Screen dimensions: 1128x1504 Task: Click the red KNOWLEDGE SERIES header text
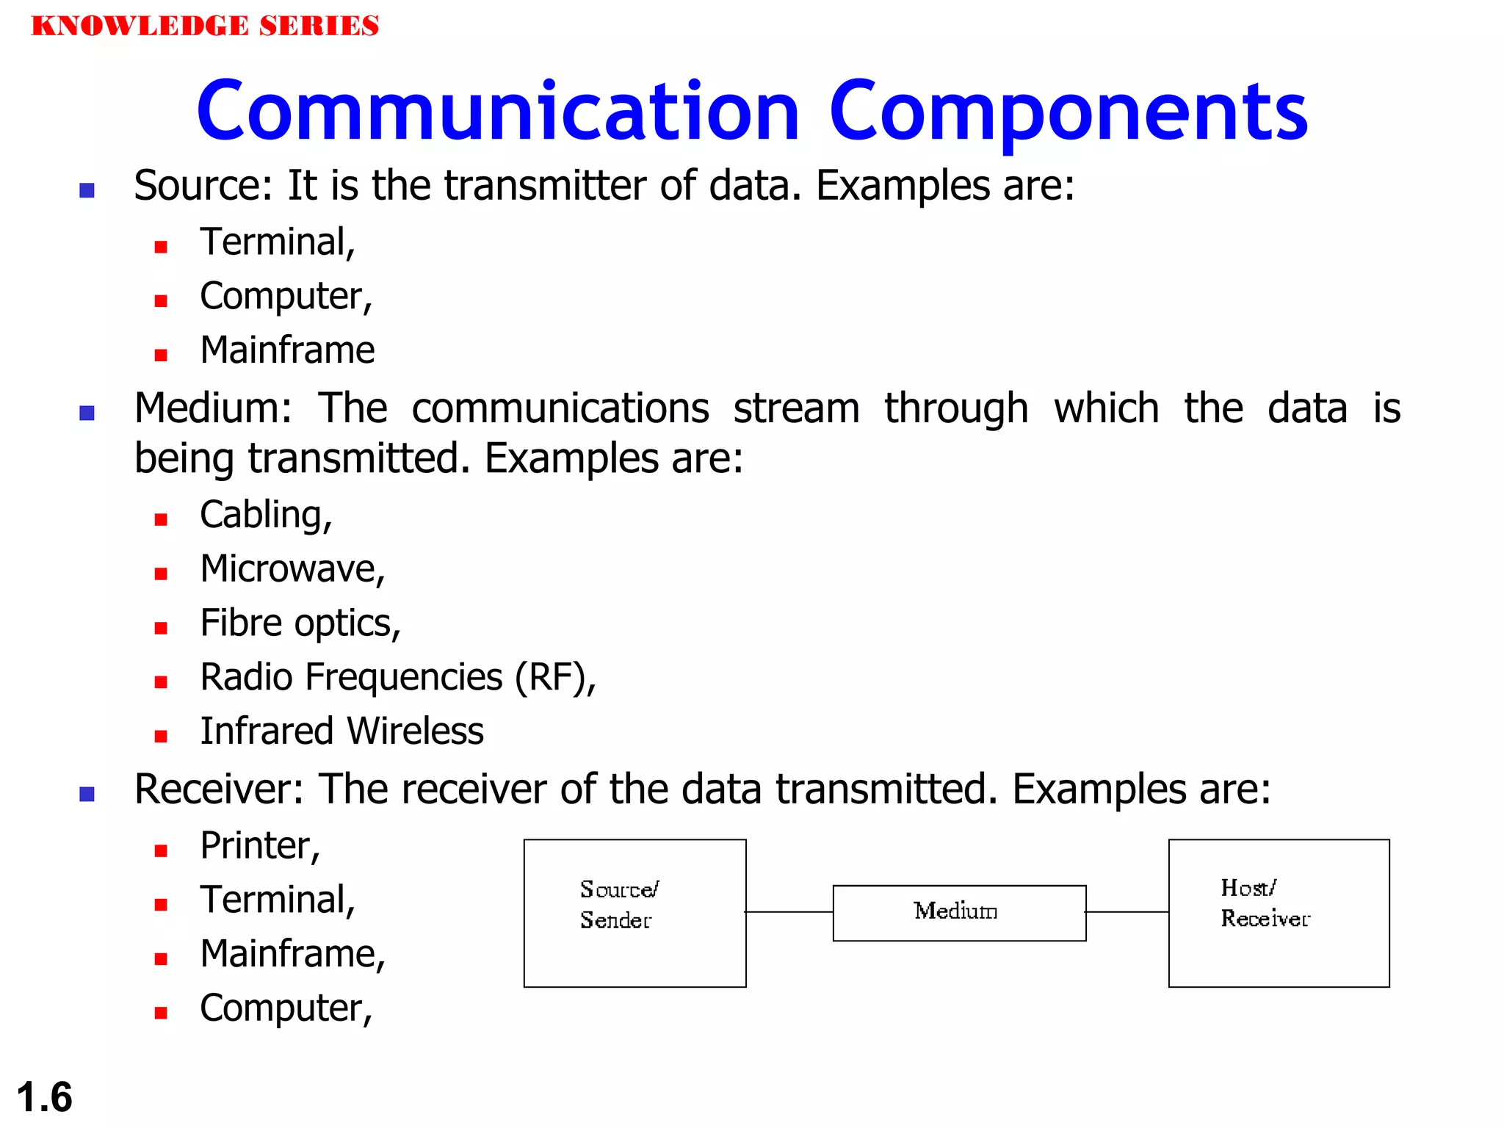point(205,26)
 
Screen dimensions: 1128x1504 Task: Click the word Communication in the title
point(498,112)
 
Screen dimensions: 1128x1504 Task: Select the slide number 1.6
point(44,1097)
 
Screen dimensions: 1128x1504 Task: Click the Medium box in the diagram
point(958,912)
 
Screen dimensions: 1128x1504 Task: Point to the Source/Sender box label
point(618,904)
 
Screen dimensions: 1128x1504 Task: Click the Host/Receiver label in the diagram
point(1263,903)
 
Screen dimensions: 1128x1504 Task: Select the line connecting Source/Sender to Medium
point(789,912)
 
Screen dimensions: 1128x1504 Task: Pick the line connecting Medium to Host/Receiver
point(1127,912)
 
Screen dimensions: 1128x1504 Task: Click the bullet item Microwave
point(292,569)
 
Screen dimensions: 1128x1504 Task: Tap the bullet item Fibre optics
point(300,623)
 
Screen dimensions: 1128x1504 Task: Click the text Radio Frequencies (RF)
point(397,677)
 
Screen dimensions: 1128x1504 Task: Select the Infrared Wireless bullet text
point(341,731)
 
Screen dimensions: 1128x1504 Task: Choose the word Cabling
point(265,515)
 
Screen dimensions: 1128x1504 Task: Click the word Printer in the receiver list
point(259,846)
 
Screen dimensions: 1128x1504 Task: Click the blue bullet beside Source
point(87,191)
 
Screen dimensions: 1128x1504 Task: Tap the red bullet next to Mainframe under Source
point(161,355)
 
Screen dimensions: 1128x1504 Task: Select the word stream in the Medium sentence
point(796,408)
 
